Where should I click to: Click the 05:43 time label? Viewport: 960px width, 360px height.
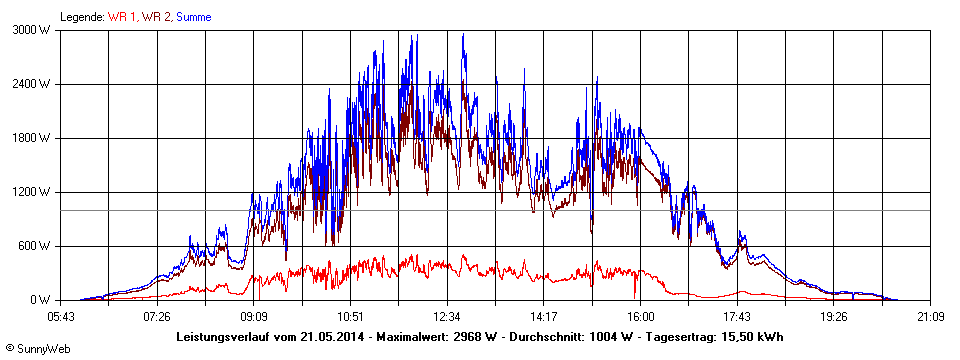61,316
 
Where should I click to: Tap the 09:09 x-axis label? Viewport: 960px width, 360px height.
254,316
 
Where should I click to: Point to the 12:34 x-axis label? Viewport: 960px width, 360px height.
447,316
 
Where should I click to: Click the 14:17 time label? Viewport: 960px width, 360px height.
544,316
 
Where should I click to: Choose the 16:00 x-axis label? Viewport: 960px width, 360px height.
641,316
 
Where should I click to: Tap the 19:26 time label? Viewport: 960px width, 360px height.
834,316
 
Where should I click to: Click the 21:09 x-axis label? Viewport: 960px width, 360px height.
930,316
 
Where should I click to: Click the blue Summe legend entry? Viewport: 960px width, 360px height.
196,17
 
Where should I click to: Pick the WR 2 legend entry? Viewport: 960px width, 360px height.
157,17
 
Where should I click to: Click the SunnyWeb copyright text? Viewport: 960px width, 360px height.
39,347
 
